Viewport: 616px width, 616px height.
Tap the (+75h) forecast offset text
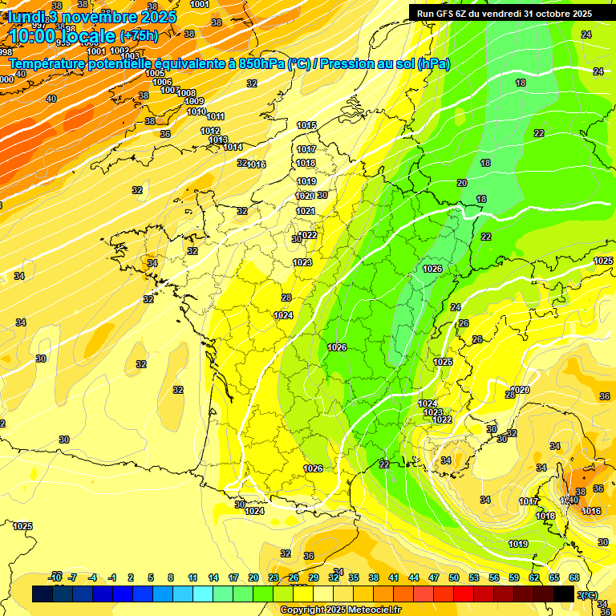tap(139, 36)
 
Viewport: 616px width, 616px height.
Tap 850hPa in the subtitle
tap(261, 63)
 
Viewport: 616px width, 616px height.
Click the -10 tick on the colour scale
tap(55, 577)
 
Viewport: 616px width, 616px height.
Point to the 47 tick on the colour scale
tap(434, 577)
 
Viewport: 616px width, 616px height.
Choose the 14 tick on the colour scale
tap(213, 577)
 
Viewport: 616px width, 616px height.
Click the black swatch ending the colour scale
tap(564, 594)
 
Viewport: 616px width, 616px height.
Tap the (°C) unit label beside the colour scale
tap(588, 594)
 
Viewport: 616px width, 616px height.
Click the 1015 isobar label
tap(306, 125)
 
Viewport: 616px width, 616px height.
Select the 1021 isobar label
tap(306, 211)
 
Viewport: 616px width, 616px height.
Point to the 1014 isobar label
tap(233, 147)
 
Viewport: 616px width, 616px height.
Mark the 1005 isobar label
tap(156, 73)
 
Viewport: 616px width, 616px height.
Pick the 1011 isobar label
tap(216, 117)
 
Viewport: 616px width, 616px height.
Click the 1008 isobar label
tap(187, 93)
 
